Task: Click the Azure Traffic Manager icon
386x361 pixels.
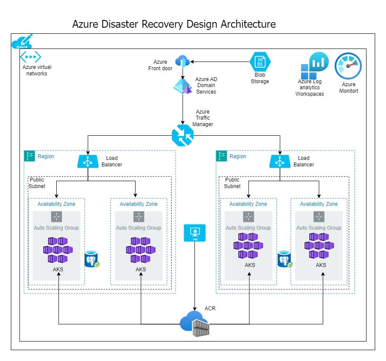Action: coord(182,136)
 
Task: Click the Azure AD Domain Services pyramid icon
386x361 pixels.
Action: coord(182,86)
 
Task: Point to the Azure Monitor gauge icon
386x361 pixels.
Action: coord(348,66)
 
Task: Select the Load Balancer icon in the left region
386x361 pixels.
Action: coord(88,161)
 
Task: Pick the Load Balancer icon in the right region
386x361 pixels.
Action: coord(279,161)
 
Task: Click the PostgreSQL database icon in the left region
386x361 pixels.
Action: coord(92,259)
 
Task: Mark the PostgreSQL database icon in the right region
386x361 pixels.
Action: coord(284,259)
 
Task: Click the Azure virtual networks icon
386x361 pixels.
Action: coord(30,57)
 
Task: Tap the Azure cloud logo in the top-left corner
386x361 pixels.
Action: coord(22,42)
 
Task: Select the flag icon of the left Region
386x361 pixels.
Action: coord(29,156)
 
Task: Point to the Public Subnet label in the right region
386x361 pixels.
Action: coord(232,183)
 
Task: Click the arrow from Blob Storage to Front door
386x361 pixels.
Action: coord(221,62)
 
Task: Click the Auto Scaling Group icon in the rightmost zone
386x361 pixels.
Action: coord(318,217)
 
